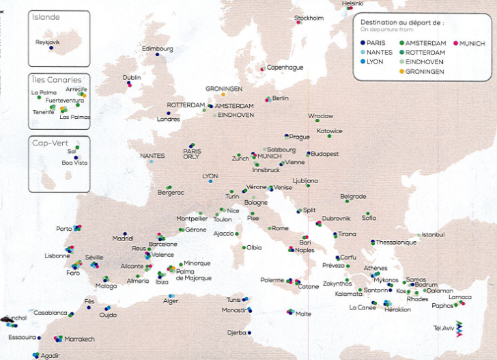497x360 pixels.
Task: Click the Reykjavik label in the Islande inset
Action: (48, 42)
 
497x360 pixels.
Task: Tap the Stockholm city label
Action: (309, 18)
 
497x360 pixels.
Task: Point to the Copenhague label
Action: (285, 67)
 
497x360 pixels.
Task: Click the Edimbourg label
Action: (158, 49)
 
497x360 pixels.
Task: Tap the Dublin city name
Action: (132, 77)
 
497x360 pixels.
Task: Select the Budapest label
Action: (325, 154)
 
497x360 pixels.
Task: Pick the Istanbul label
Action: (434, 234)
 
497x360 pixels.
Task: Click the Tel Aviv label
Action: (444, 328)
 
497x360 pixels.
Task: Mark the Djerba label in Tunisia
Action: (237, 333)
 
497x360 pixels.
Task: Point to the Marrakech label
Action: (80, 339)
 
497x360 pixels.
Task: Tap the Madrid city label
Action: (122, 238)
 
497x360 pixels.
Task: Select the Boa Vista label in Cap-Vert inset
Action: (75, 163)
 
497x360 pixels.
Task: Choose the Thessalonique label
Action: (397, 242)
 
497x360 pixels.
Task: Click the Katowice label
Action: (330, 130)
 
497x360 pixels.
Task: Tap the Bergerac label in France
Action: (171, 193)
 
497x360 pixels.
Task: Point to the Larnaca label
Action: (460, 297)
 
